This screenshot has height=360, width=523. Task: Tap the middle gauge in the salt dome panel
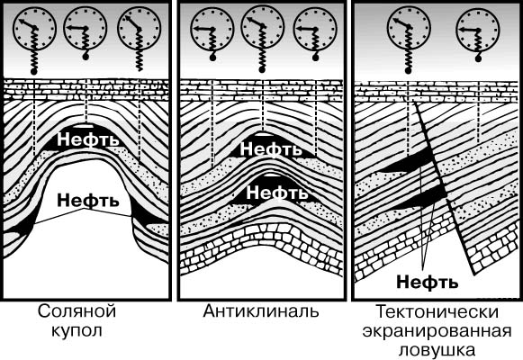[86, 28]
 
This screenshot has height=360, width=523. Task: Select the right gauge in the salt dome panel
[140, 28]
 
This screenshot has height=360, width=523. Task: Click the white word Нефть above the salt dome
[87, 139]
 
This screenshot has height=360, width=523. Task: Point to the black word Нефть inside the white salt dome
[87, 201]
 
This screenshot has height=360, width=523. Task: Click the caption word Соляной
[77, 311]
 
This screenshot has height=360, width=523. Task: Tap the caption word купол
[77, 331]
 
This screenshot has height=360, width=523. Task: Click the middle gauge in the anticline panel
[263, 27]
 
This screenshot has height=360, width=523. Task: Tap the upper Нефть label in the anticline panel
[271, 148]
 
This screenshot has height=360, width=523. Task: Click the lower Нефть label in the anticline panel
[277, 193]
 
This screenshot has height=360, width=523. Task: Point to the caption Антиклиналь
[261, 311]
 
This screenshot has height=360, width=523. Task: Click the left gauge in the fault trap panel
[409, 28]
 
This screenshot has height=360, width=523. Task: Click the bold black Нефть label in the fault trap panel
[428, 282]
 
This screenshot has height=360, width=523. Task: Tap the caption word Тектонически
[437, 312]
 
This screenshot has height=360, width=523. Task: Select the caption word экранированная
[437, 331]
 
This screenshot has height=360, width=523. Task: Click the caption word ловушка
[437, 350]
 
